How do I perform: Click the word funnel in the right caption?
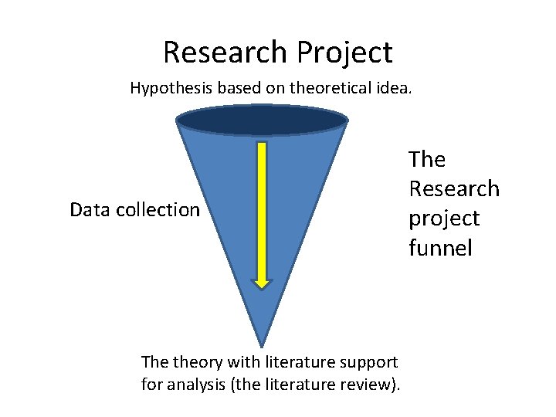pos(440,248)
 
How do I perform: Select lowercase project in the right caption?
pos(444,219)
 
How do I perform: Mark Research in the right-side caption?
pos(454,189)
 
